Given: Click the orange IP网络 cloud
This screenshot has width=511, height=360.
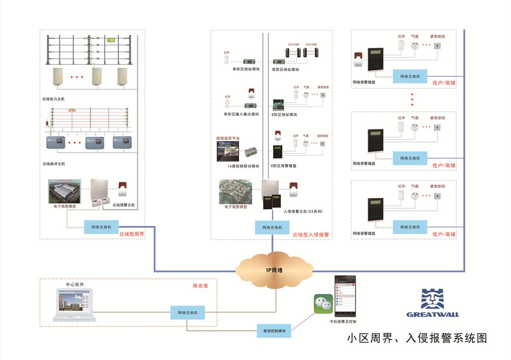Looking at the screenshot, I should coord(274,270).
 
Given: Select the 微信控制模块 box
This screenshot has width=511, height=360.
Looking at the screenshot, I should coord(274,331).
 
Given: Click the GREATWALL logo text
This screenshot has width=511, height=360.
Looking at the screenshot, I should coord(432,315).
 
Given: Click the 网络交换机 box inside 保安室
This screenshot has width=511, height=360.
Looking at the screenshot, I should coord(187,313).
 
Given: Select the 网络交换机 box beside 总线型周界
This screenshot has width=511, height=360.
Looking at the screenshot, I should coord(101,227).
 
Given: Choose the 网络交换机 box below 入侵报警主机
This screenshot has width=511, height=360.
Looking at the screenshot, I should coord(272,227).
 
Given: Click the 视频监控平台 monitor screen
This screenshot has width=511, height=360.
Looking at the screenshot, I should coord(228,151).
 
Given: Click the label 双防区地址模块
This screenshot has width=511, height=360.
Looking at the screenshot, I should coord(285,69).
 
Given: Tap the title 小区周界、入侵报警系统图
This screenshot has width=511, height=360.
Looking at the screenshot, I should coord(417,338).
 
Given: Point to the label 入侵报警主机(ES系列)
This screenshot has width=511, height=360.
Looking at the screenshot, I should coord(302,211).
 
